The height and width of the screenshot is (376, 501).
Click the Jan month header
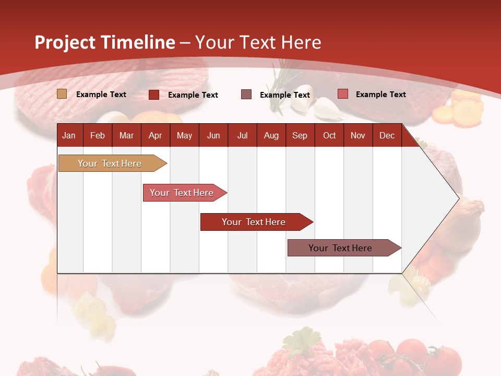click(69, 136)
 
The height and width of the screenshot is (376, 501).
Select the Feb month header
click(98, 136)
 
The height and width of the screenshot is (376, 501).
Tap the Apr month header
click(155, 136)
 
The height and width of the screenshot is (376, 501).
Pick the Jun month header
click(213, 136)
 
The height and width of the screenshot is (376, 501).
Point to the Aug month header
click(271, 136)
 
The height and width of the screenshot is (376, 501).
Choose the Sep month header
click(300, 136)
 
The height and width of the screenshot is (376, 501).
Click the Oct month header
click(329, 136)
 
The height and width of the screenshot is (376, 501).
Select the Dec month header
click(387, 136)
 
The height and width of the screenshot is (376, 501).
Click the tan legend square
click(62, 94)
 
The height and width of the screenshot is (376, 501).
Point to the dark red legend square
click(154, 95)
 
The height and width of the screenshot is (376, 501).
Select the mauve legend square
click(246, 95)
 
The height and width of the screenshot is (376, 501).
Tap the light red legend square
click(343, 94)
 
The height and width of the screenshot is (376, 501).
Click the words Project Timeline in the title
click(105, 42)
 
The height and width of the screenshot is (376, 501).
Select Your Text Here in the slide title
click(258, 42)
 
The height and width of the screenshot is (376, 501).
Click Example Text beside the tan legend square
click(101, 95)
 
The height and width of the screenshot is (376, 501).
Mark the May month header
click(184, 136)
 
